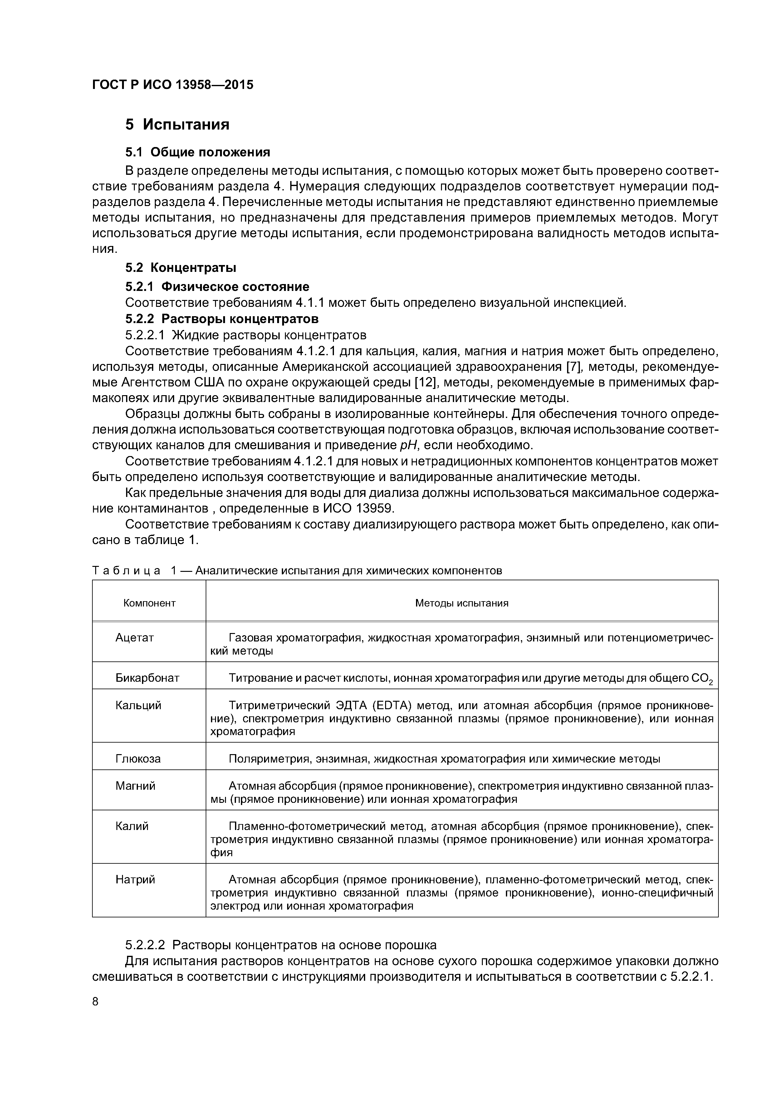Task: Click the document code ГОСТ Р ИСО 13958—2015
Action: [173, 85]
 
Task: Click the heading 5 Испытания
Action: [177, 125]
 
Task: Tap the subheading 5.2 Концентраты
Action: [181, 268]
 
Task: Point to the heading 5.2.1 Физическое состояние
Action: [217, 287]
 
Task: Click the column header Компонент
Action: [149, 603]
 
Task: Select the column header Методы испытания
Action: [462, 603]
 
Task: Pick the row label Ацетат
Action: [135, 638]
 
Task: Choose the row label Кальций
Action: [138, 705]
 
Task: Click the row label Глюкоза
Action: [138, 758]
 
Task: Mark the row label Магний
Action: [135, 785]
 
